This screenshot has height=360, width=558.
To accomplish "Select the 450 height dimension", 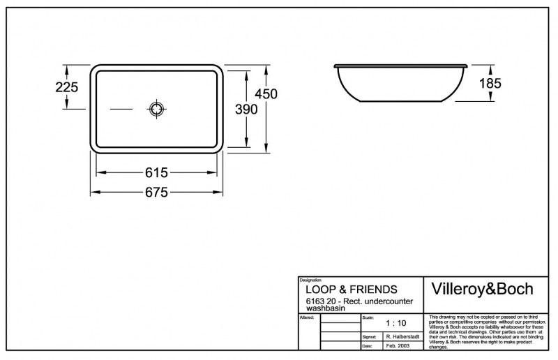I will click(266, 94).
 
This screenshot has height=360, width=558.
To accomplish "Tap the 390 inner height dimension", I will click(247, 109).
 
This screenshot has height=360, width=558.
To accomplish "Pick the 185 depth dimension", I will click(490, 83).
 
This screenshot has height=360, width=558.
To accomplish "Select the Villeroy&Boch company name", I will click(483, 290).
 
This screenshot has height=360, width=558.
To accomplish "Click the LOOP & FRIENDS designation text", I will click(352, 289).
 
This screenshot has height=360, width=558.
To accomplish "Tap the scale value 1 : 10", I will click(395, 324).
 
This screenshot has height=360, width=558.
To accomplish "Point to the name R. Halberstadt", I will click(402, 336).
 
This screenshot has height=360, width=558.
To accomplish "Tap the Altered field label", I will click(306, 317).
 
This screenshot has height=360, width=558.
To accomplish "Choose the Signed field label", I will click(369, 336).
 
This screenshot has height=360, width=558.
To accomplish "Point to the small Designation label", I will click(310, 280).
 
